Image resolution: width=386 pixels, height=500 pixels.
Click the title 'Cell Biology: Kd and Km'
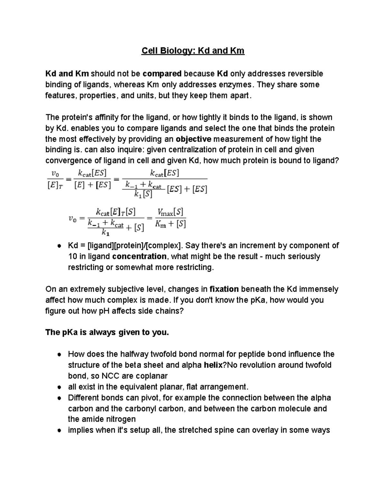tap(193, 51)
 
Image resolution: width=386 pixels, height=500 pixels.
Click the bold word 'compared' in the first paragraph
tap(162, 74)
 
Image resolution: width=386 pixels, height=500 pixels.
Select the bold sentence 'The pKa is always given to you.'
tap(107, 332)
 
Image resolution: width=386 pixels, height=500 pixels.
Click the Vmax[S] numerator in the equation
tap(170, 212)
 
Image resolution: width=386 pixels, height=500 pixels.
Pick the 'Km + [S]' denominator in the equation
tap(170, 224)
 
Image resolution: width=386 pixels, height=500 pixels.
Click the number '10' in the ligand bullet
tap(72, 257)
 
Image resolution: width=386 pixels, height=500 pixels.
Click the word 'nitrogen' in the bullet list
tap(121, 419)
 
